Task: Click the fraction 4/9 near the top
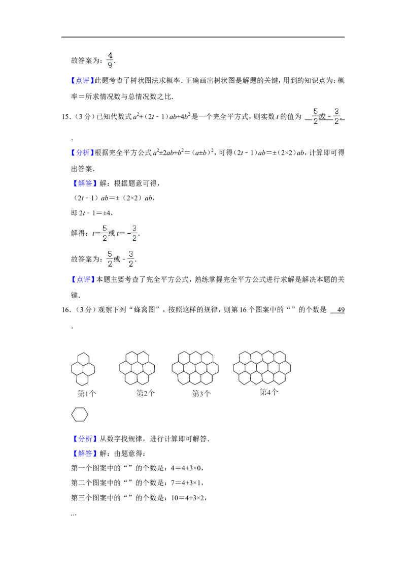[x=110, y=60]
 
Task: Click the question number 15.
[x=66, y=117]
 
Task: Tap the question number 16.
[x=66, y=310]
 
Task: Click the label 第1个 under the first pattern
[x=87, y=394]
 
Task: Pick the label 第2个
[x=146, y=393]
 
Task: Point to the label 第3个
[x=201, y=394]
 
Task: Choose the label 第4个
[x=269, y=392]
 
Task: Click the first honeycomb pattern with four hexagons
[x=83, y=369]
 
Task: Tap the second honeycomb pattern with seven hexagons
[x=137, y=368]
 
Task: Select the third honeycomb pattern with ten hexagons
[x=195, y=368]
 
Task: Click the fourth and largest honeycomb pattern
[x=262, y=367]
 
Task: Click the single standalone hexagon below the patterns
[x=80, y=415]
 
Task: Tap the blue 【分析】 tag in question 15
[x=82, y=152]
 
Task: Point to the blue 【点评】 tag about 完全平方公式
[x=82, y=279]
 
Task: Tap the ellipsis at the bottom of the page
[x=74, y=514]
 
